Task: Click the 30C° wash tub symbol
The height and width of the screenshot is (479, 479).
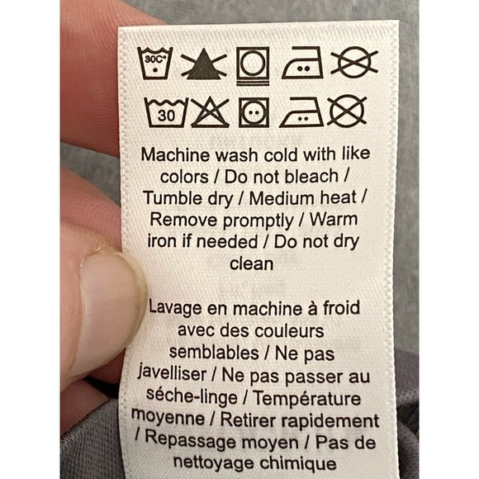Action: point(155,64)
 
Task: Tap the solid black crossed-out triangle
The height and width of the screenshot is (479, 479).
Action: point(204,64)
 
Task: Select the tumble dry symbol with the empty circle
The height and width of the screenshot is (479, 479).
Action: point(253,66)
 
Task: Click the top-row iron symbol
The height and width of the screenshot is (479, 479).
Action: point(302,63)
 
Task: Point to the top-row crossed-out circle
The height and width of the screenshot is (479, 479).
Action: point(354,62)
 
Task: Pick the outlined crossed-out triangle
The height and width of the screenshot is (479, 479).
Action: point(210,112)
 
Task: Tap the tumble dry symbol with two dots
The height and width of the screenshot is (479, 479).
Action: point(254,112)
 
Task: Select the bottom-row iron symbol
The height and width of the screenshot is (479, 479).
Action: point(301,112)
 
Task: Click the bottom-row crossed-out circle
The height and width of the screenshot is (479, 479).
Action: point(347,111)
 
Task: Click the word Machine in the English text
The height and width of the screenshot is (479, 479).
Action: point(176,154)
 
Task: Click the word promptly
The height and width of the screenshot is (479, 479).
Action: point(258,221)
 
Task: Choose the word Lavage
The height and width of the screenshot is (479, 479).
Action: point(175,308)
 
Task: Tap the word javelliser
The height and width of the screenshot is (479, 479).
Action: point(172,373)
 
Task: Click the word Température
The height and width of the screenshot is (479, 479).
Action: point(307,398)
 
